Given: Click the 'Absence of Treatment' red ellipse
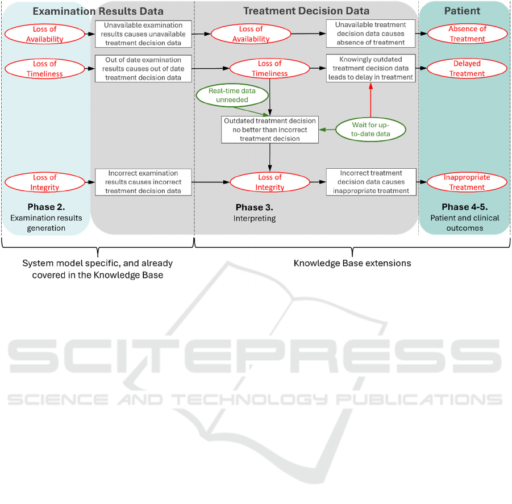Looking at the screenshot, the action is (x=467, y=34).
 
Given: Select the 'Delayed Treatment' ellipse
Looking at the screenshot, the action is (x=467, y=68).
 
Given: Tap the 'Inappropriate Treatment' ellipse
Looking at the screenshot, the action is (x=467, y=182).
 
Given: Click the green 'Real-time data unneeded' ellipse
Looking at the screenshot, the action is (x=232, y=95).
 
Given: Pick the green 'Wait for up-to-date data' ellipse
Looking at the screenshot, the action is (x=371, y=129).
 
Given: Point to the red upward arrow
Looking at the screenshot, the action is (x=371, y=100).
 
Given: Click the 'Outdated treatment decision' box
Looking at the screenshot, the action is (x=270, y=130).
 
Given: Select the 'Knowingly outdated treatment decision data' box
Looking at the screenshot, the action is (x=371, y=68).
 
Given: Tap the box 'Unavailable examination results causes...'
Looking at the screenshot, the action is (x=143, y=34).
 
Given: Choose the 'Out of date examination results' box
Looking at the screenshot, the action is (x=143, y=69).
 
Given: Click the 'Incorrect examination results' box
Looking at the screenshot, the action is (x=143, y=182).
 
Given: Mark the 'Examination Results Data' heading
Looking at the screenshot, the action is (x=98, y=11).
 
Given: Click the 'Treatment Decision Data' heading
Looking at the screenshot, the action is (x=306, y=11).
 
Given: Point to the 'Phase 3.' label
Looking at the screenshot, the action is (x=255, y=207).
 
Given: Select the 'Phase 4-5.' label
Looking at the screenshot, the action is (x=465, y=207).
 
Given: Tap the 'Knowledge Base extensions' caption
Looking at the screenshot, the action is (x=352, y=263).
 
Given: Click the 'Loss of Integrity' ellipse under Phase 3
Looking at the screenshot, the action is (x=270, y=182).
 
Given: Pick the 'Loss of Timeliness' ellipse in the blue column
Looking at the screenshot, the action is (x=45, y=69).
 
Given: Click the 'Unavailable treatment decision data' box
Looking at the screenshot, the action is (x=371, y=34).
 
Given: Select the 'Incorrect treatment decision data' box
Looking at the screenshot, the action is (x=371, y=182).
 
